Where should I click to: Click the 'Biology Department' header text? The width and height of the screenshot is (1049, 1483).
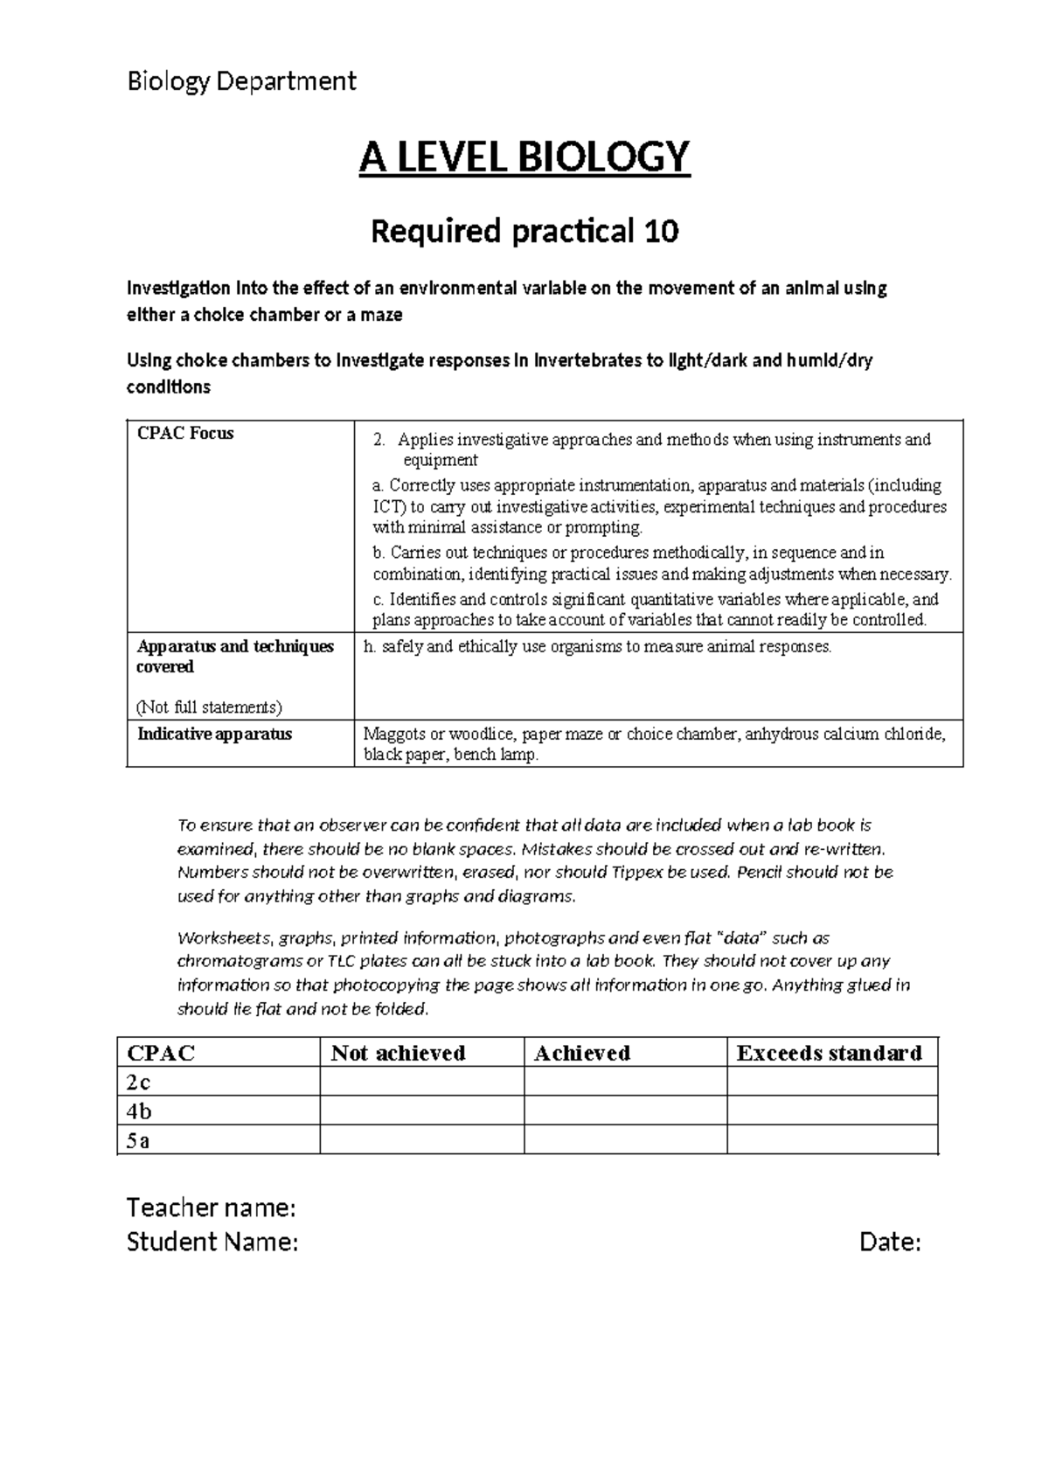click(x=241, y=81)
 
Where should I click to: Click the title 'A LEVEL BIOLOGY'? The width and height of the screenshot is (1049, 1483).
click(x=524, y=157)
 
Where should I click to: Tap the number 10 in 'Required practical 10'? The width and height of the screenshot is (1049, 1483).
click(x=661, y=232)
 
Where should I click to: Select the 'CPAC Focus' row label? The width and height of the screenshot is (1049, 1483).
click(x=186, y=434)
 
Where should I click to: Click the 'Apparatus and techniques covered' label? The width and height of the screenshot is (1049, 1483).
click(x=236, y=657)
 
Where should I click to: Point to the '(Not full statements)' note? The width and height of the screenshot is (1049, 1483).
click(x=210, y=707)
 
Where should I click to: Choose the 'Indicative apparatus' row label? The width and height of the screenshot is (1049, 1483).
click(x=215, y=734)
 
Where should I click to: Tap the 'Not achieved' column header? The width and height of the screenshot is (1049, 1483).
click(x=398, y=1053)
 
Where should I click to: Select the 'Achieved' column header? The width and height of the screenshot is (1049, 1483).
click(x=582, y=1053)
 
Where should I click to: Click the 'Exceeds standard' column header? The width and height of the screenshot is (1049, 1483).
click(x=829, y=1053)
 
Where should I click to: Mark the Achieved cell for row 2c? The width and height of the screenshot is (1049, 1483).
click(x=625, y=1083)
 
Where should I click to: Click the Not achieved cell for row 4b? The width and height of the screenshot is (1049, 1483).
click(x=421, y=1111)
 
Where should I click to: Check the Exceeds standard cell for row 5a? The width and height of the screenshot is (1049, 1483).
click(x=832, y=1140)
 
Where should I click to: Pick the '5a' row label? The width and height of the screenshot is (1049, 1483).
click(x=138, y=1141)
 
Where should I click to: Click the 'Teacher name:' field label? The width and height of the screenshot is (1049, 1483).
click(x=212, y=1208)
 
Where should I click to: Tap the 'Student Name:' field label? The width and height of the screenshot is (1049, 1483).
click(x=212, y=1242)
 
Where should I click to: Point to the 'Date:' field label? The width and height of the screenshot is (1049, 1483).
click(x=890, y=1242)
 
